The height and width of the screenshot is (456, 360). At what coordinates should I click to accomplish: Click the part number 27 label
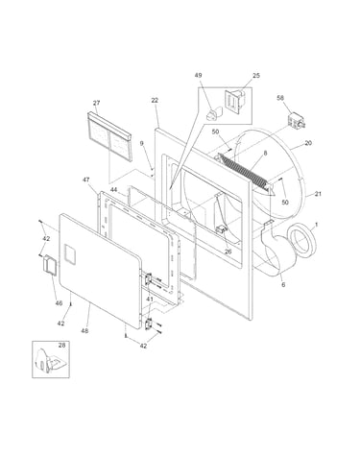click(x=96, y=103)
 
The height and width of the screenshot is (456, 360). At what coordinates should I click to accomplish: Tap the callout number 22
click(x=155, y=100)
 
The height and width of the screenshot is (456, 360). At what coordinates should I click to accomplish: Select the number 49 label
click(x=198, y=75)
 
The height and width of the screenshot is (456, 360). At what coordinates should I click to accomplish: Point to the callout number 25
click(x=256, y=76)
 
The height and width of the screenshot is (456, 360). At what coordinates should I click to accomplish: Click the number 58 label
click(x=280, y=98)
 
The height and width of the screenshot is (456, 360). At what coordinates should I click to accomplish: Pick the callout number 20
click(x=308, y=143)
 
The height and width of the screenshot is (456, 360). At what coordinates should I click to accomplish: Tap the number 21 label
click(x=318, y=194)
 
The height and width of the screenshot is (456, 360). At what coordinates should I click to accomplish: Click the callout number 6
click(x=283, y=284)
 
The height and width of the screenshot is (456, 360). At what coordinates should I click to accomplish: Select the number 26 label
click(x=228, y=252)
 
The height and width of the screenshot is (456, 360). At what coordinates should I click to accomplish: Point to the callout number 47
click(x=86, y=180)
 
